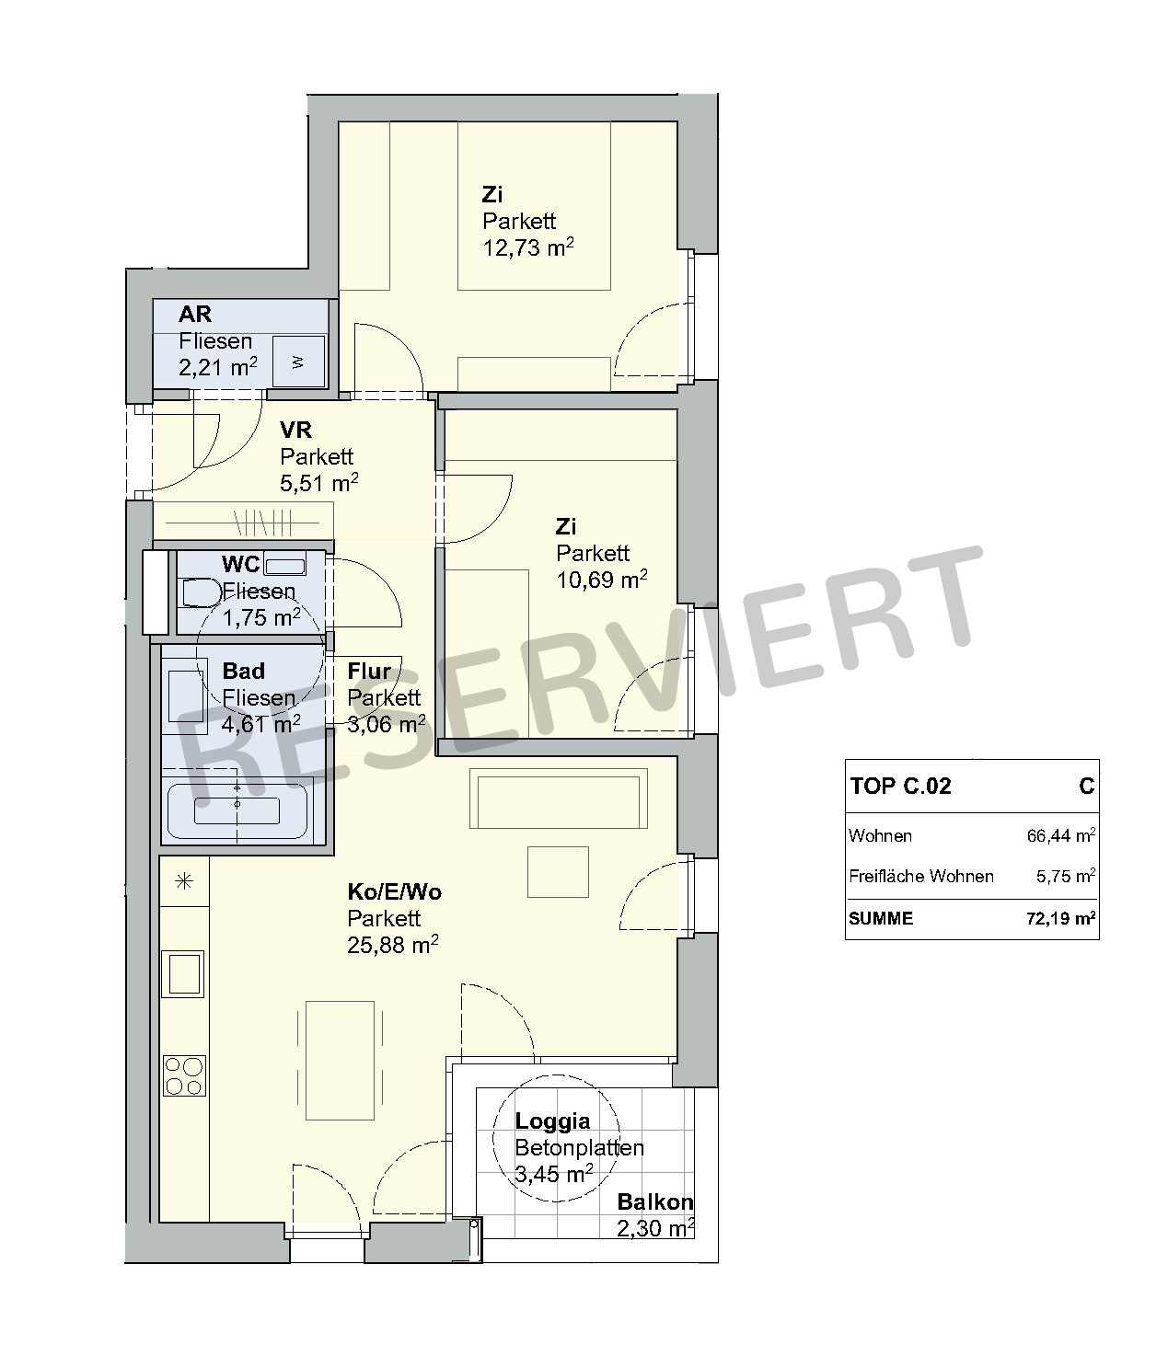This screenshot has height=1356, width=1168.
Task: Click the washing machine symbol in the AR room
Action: coord(299,362)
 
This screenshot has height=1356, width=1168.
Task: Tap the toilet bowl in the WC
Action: coord(201,592)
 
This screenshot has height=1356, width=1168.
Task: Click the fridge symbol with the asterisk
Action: coord(184,881)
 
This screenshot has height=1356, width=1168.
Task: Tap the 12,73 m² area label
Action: coord(528,247)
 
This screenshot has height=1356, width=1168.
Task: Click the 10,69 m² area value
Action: coord(601,580)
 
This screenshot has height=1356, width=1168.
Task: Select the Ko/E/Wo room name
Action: coord(394,891)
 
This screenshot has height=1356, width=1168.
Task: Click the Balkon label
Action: coord(654,1201)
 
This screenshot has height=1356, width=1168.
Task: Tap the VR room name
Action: coord(295,430)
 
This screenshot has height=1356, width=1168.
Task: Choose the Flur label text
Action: coord(369,671)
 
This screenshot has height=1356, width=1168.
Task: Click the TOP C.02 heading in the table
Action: coord(900,786)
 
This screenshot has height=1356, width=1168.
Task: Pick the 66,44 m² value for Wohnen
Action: coord(1061,835)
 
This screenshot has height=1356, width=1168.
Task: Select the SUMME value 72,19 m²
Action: coord(1060,918)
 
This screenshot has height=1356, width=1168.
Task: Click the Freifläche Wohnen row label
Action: coord(921,876)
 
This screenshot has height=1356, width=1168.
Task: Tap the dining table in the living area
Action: coord(341,1061)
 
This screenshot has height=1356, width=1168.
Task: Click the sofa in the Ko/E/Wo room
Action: coord(558,799)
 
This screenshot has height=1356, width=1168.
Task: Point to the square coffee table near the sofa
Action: coord(558,872)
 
